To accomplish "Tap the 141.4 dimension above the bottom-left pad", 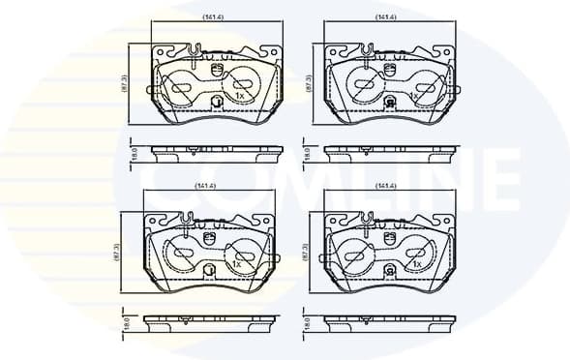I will [204, 185].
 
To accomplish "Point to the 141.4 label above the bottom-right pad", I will [386, 185].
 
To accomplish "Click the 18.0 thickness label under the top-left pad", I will [134, 153].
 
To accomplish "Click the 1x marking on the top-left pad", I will [238, 96].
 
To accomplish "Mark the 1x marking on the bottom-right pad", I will [416, 262].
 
